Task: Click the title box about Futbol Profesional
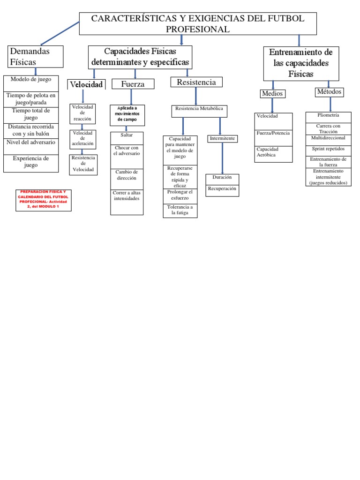(198, 24)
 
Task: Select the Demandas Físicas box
(36, 56)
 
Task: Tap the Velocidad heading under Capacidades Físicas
(86, 84)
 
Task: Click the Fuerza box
(133, 84)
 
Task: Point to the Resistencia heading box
(196, 82)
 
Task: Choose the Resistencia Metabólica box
(200, 111)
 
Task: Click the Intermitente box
(223, 139)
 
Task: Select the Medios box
(272, 93)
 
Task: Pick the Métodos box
(329, 92)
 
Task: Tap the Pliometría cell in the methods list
(328, 115)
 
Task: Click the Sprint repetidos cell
(328, 149)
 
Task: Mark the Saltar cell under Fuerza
(127, 135)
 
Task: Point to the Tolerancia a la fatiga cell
(180, 210)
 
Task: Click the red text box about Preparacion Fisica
(44, 199)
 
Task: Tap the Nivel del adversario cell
(31, 142)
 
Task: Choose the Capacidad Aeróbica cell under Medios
(273, 152)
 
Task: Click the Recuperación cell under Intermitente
(222, 189)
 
